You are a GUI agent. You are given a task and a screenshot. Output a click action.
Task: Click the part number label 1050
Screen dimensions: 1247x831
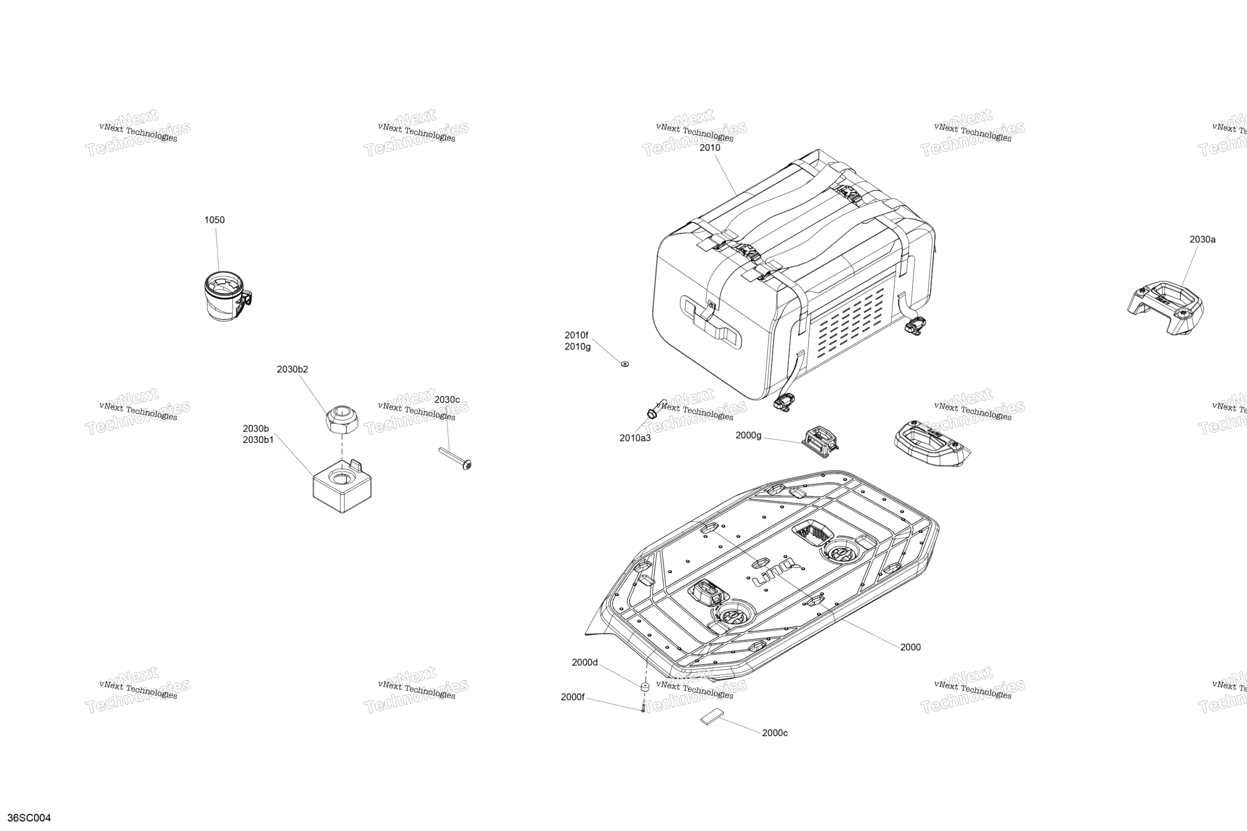point(214,220)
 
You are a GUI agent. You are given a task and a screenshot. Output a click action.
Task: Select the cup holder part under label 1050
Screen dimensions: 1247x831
point(229,295)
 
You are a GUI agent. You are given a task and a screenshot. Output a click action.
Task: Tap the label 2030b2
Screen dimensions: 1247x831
point(292,370)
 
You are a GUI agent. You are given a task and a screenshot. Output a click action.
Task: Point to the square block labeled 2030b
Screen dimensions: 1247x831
point(342,485)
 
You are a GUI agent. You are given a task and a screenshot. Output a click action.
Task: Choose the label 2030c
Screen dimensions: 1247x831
point(447,400)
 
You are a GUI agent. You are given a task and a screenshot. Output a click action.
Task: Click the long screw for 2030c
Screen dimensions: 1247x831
point(455,458)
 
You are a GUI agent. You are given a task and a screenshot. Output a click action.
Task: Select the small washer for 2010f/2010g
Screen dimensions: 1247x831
point(625,364)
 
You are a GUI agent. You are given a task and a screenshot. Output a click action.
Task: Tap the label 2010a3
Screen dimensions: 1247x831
point(635,438)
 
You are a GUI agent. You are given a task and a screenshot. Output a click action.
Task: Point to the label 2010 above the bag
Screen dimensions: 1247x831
point(710,148)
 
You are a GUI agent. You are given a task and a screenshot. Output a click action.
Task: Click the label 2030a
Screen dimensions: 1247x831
point(1203,239)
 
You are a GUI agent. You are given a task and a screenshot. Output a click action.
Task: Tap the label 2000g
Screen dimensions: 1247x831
point(749,436)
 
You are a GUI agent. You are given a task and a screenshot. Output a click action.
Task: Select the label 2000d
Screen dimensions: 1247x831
point(585,663)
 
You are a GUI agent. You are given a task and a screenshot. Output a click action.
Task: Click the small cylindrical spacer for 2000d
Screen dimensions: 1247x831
point(645,688)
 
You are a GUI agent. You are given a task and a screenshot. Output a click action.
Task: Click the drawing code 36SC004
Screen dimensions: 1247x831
point(33,818)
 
